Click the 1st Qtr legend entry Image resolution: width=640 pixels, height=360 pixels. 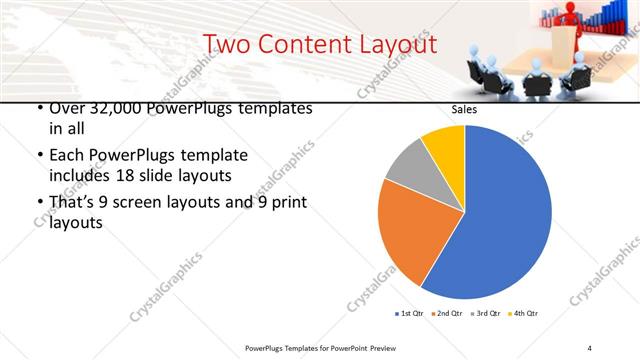tap(409, 314)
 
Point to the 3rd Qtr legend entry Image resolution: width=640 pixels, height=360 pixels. tap(488, 314)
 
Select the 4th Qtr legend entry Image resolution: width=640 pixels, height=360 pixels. tap(527, 314)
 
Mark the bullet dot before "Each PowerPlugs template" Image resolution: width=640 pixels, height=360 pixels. tap(39, 156)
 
